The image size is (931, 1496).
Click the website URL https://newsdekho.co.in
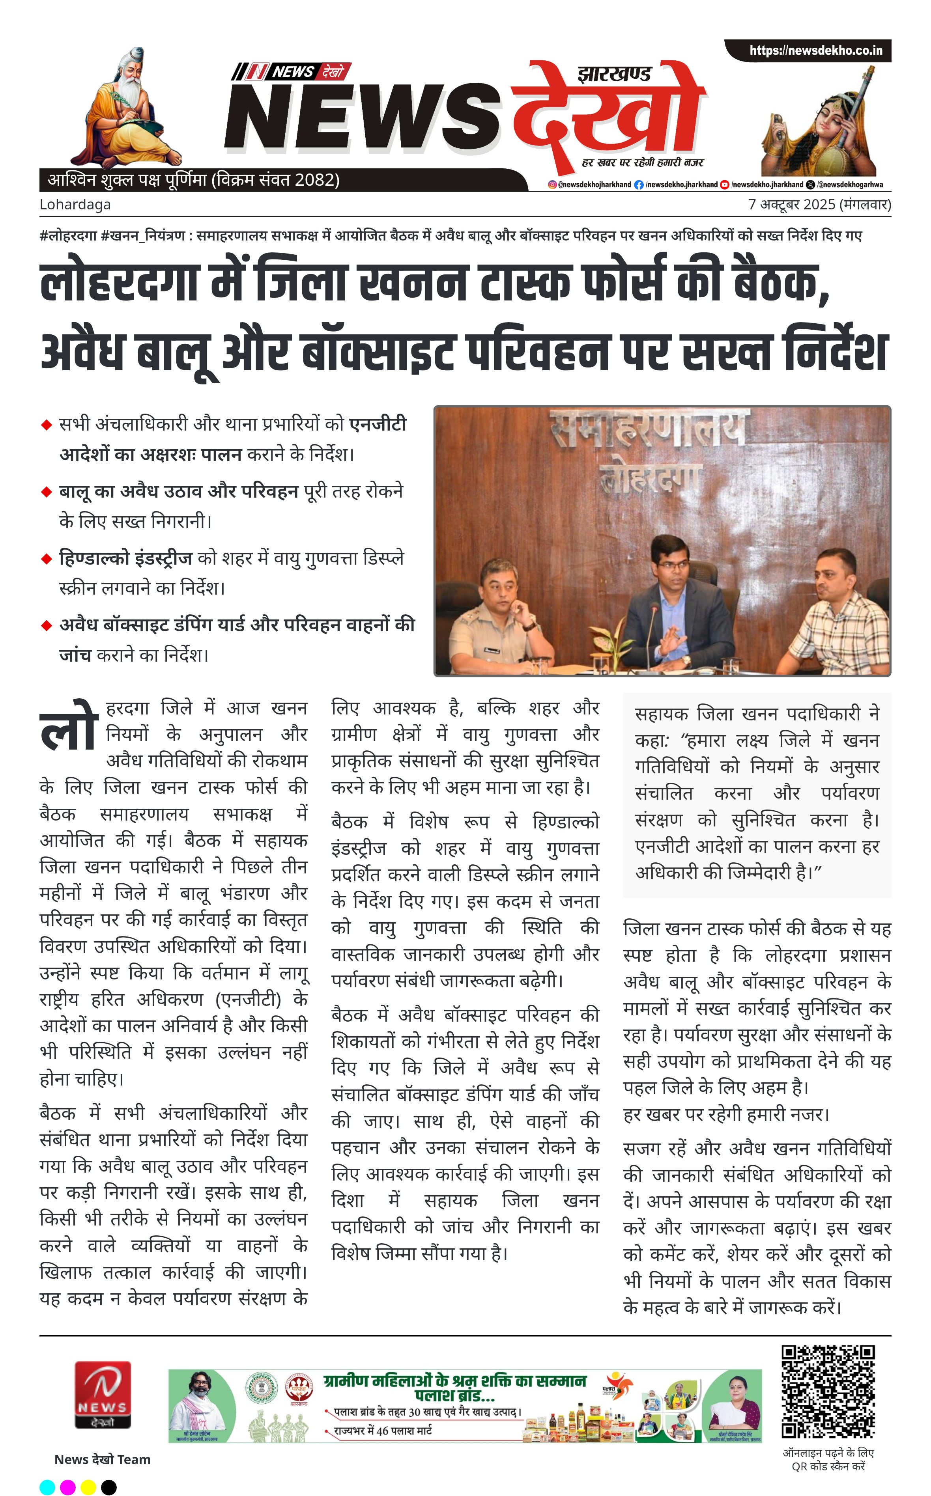815,50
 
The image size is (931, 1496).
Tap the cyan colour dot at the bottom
47,1487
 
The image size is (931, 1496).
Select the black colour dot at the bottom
108,1487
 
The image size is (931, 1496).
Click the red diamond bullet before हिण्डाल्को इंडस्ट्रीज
46,559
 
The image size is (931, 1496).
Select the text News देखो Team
102,1459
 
